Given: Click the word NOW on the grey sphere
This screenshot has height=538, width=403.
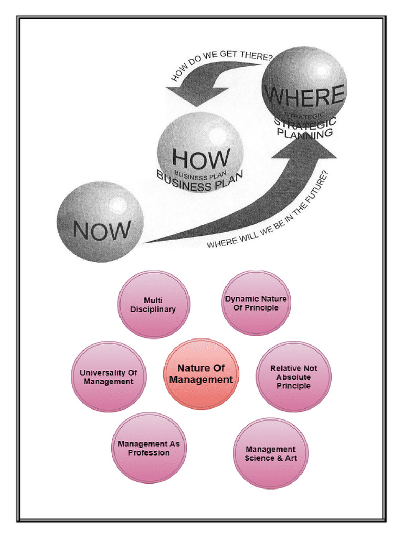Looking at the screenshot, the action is [x=102, y=230].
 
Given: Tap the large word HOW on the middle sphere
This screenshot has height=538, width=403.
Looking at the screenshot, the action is [x=201, y=158].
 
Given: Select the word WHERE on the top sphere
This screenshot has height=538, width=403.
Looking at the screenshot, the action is [x=304, y=96].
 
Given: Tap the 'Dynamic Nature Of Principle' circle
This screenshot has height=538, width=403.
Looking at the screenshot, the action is [x=256, y=303].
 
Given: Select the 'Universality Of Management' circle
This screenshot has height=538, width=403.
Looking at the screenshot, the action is [x=109, y=377].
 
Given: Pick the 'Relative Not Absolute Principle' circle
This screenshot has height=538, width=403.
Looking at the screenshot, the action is [x=293, y=377].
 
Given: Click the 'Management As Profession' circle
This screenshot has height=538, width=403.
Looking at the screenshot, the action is [x=149, y=448].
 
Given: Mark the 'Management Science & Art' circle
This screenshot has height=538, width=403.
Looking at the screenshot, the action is [x=270, y=453].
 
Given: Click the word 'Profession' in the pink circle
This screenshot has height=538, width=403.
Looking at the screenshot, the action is [x=149, y=453].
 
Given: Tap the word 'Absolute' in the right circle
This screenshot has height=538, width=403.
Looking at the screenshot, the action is [x=293, y=377].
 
